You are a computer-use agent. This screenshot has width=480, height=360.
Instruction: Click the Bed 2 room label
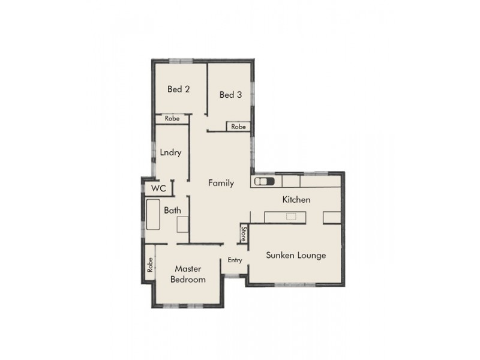179,89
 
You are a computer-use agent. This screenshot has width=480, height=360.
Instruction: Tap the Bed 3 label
230,94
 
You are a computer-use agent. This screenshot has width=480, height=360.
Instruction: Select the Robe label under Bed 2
172,119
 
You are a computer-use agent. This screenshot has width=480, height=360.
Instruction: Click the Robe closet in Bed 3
239,127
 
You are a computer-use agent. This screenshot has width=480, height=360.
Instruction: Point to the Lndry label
170,152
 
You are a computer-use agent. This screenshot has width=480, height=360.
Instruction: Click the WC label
158,188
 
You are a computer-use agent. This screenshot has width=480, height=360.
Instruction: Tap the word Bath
173,211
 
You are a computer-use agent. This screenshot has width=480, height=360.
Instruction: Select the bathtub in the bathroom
152,216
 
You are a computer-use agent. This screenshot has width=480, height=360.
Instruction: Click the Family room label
221,183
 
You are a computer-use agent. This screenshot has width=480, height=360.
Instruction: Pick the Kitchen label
296,199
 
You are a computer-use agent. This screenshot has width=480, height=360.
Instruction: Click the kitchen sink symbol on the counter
265,181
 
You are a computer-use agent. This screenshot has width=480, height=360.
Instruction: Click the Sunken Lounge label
296,255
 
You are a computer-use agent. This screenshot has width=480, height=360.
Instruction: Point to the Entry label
235,260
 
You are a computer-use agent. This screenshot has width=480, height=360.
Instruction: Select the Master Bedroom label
188,274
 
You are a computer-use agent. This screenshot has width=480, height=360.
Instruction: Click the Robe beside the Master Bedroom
149,265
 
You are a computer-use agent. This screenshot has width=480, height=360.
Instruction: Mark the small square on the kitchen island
291,217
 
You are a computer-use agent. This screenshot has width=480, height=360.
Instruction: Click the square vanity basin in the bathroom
183,224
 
